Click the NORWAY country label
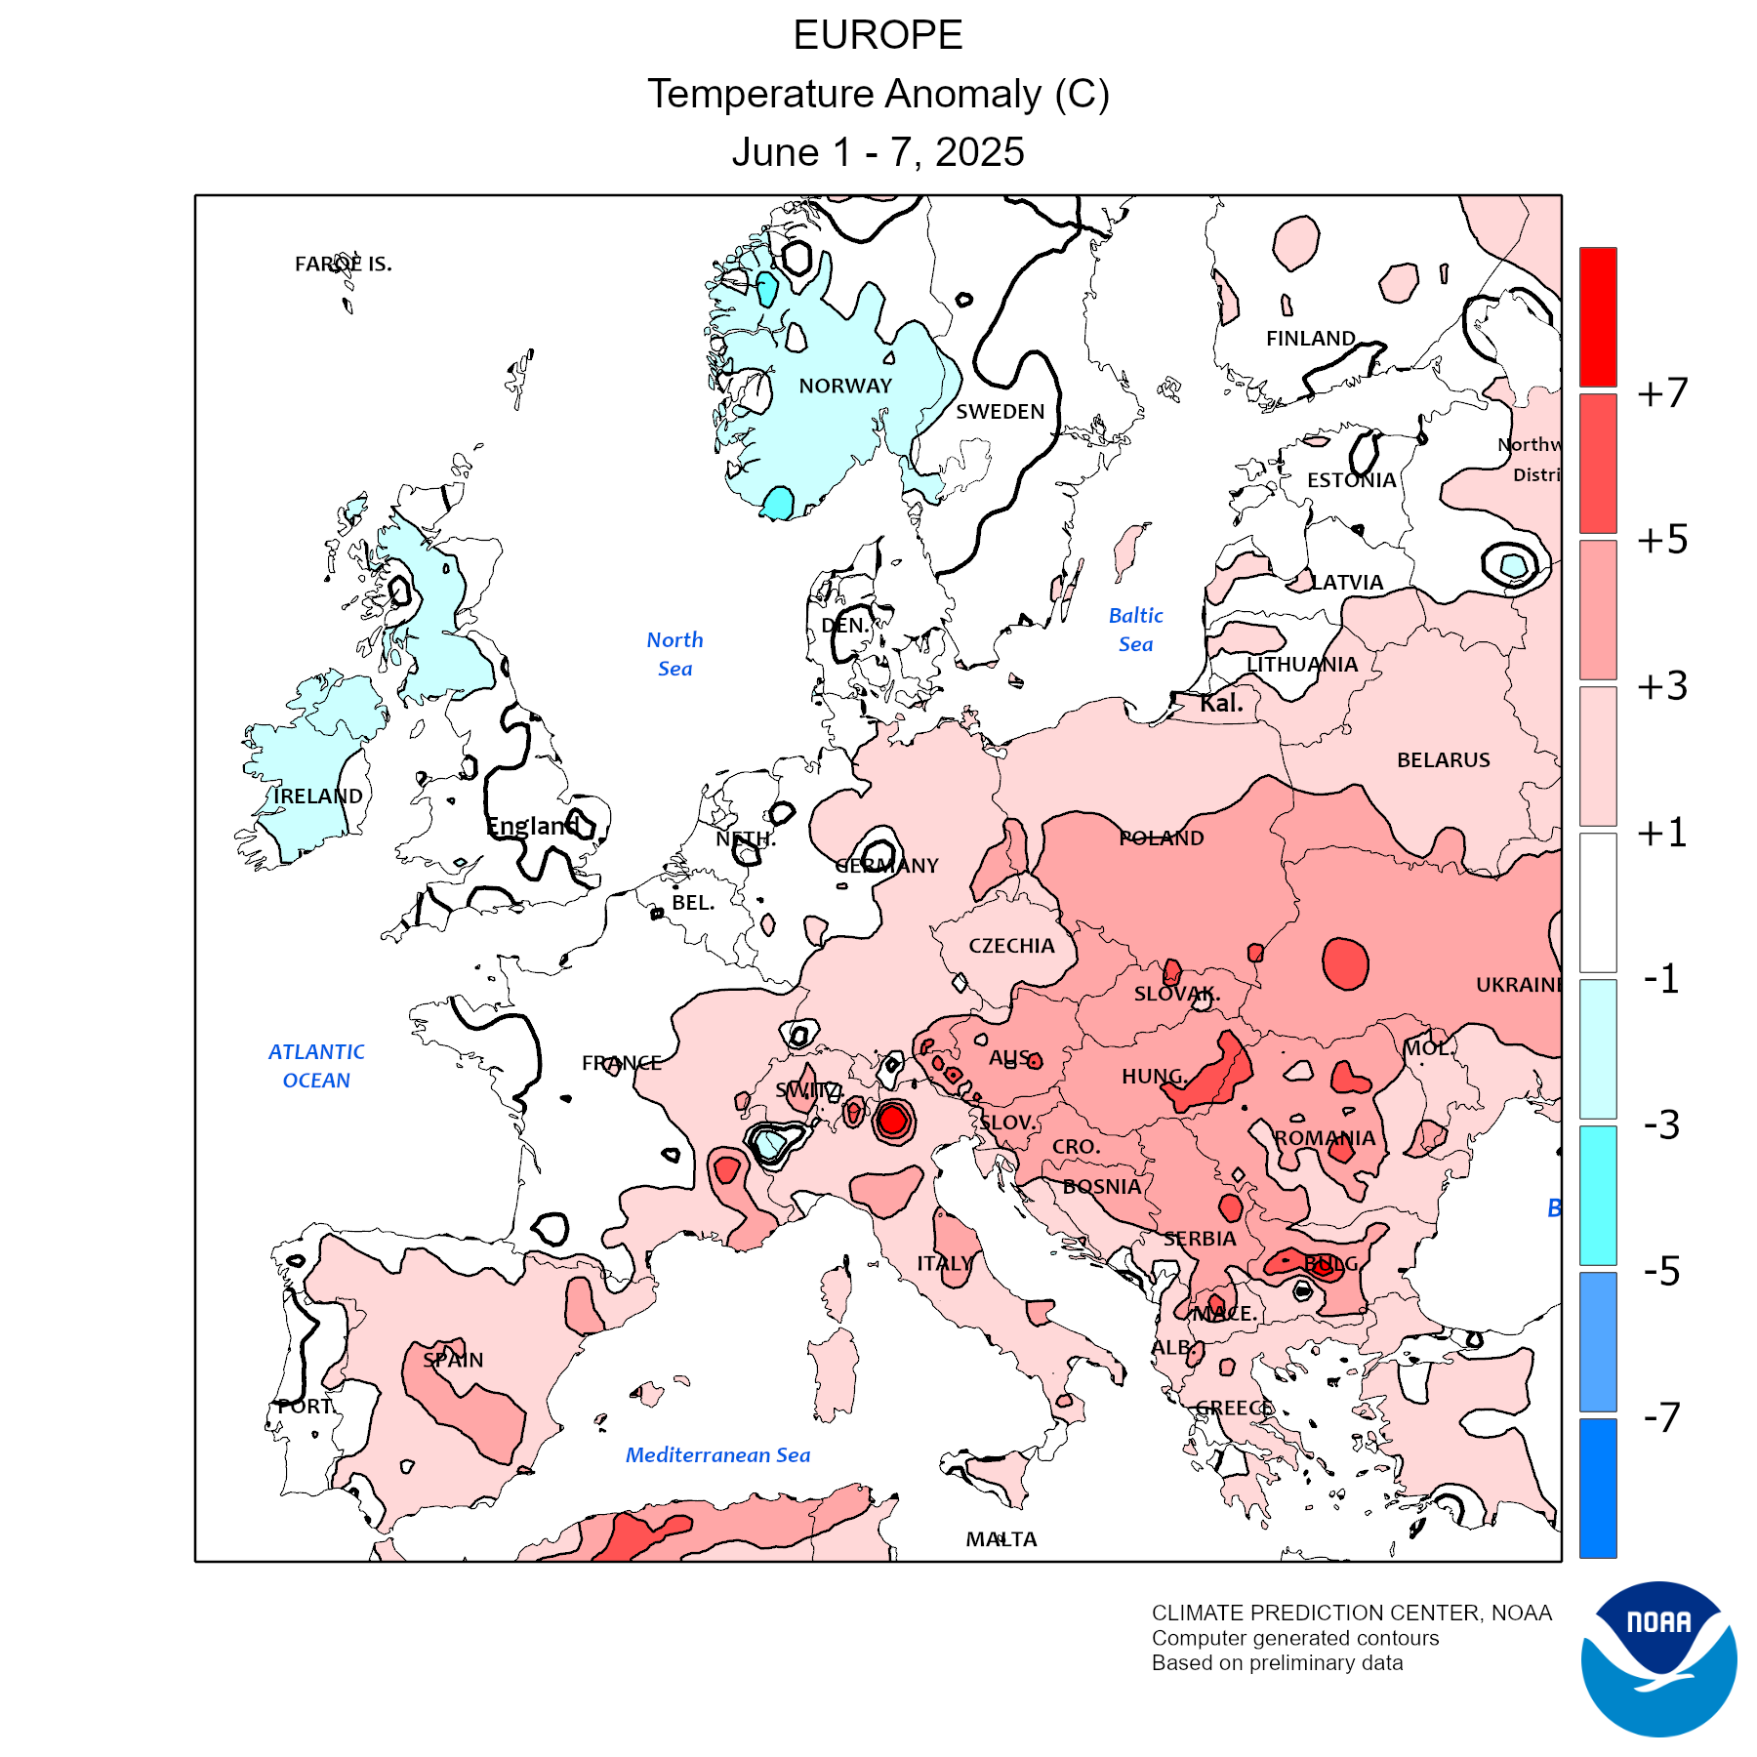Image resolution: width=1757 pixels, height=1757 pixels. pyautogui.click(x=845, y=386)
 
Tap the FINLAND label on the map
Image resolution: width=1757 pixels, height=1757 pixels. pyautogui.click(x=1310, y=338)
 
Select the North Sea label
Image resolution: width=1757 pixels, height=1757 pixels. pyautogui.click(x=674, y=654)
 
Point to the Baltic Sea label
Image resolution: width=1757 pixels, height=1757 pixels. pyautogui.click(x=1135, y=630)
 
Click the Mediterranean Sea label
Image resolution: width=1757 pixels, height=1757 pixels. pyautogui.click(x=717, y=1454)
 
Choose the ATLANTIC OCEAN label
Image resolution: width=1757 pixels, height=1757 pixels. pyautogui.click(x=316, y=1066)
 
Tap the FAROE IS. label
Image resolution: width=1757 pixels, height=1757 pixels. pyautogui.click(x=343, y=264)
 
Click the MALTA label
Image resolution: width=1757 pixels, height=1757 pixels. pyautogui.click(x=1001, y=1539)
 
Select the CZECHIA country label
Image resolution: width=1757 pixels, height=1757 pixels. pyautogui.click(x=1011, y=945)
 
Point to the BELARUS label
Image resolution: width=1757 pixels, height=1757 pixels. pyautogui.click(x=1443, y=759)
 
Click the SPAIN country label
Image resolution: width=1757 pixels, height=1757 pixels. pyautogui.click(x=453, y=1360)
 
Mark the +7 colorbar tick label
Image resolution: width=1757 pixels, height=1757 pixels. pyautogui.click(x=1662, y=392)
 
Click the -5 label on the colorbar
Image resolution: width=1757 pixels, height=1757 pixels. pyautogui.click(x=1662, y=1271)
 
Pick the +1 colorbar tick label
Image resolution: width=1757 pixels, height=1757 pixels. pyautogui.click(x=1662, y=833)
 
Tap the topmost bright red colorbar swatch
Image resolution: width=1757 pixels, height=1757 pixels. pyautogui.click(x=1598, y=316)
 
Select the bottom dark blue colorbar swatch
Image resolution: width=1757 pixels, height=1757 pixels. pyautogui.click(x=1598, y=1488)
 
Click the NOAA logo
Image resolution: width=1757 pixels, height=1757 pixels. pyautogui.click(x=1658, y=1658)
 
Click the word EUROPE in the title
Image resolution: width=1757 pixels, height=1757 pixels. pyautogui.click(x=878, y=35)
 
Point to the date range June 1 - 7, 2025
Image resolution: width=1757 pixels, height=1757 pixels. pyautogui.click(x=878, y=152)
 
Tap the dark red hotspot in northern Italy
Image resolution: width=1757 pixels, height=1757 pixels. pyautogui.click(x=892, y=1121)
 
